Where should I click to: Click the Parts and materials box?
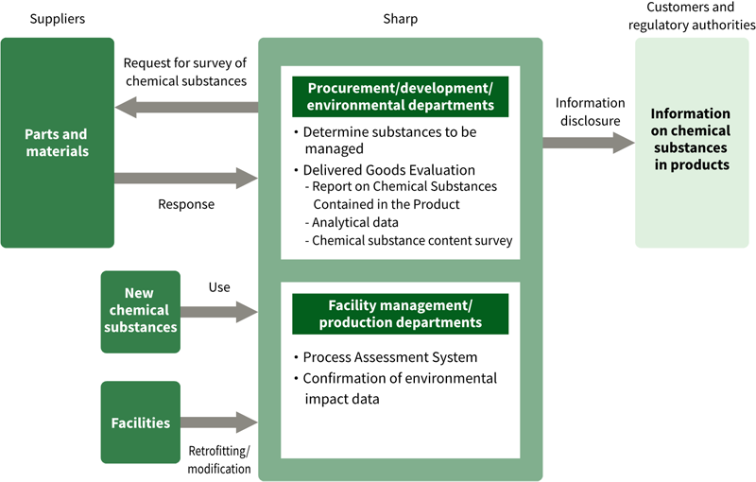coord(57,143)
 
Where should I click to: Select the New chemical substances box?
coord(140,311)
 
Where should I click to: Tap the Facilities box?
coord(140,422)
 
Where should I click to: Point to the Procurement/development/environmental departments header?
coord(400,95)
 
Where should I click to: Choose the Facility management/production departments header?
coord(400,313)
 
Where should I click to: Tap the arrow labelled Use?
coord(219,311)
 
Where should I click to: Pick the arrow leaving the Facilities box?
coord(219,422)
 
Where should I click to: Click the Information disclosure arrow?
coord(588,143)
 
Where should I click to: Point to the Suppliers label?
coord(57,19)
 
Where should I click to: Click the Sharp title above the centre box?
coord(400,19)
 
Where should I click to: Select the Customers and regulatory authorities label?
coord(691,17)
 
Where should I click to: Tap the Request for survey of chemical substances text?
coord(185,73)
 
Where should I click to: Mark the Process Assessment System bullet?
coord(389,357)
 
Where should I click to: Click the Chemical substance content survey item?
coord(412,241)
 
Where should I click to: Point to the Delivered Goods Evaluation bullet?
coord(388,169)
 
